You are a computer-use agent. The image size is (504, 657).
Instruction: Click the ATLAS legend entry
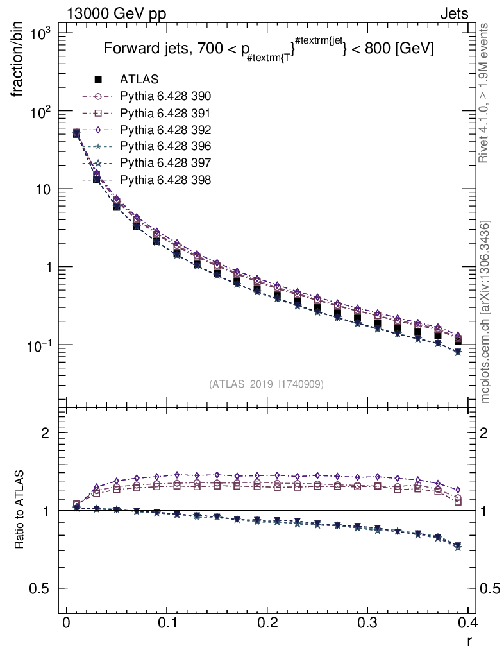pyautogui.click(x=139, y=80)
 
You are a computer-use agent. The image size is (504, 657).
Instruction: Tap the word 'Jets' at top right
pyautogui.click(x=453, y=13)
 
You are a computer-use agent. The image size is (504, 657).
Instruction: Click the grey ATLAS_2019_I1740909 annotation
pyautogui.click(x=265, y=384)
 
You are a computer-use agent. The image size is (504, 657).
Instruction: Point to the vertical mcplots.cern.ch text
pyautogui.click(x=486, y=312)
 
